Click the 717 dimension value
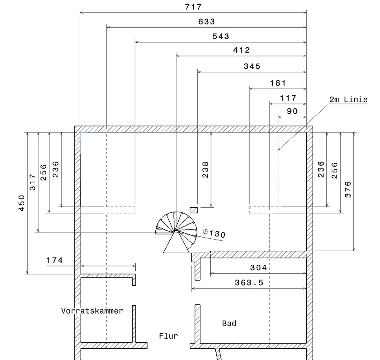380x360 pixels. point(193,7)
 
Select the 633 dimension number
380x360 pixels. point(207,22)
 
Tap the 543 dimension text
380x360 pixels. point(221,36)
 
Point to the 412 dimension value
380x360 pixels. point(241,50)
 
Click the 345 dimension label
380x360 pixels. point(252,66)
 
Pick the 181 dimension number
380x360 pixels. point(278,83)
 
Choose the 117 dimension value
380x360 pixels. point(288,98)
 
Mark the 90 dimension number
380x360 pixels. point(292,111)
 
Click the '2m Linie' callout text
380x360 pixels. point(348,100)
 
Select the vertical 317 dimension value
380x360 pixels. point(33,182)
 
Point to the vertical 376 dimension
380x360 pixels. point(348,189)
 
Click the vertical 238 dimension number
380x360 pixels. point(205,170)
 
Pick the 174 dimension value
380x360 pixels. point(54,260)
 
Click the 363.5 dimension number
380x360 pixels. point(249,283)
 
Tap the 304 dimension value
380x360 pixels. point(258,268)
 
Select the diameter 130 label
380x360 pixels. point(215,233)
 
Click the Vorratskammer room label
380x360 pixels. point(92,310)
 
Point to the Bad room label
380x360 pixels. point(229,323)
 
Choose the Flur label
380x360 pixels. point(168,336)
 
